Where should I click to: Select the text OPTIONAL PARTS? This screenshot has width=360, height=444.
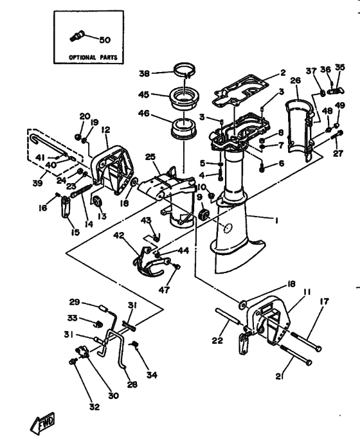click(91, 57)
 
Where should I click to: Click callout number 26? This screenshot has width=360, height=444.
click(295, 80)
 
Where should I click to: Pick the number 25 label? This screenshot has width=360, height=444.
click(150, 157)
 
